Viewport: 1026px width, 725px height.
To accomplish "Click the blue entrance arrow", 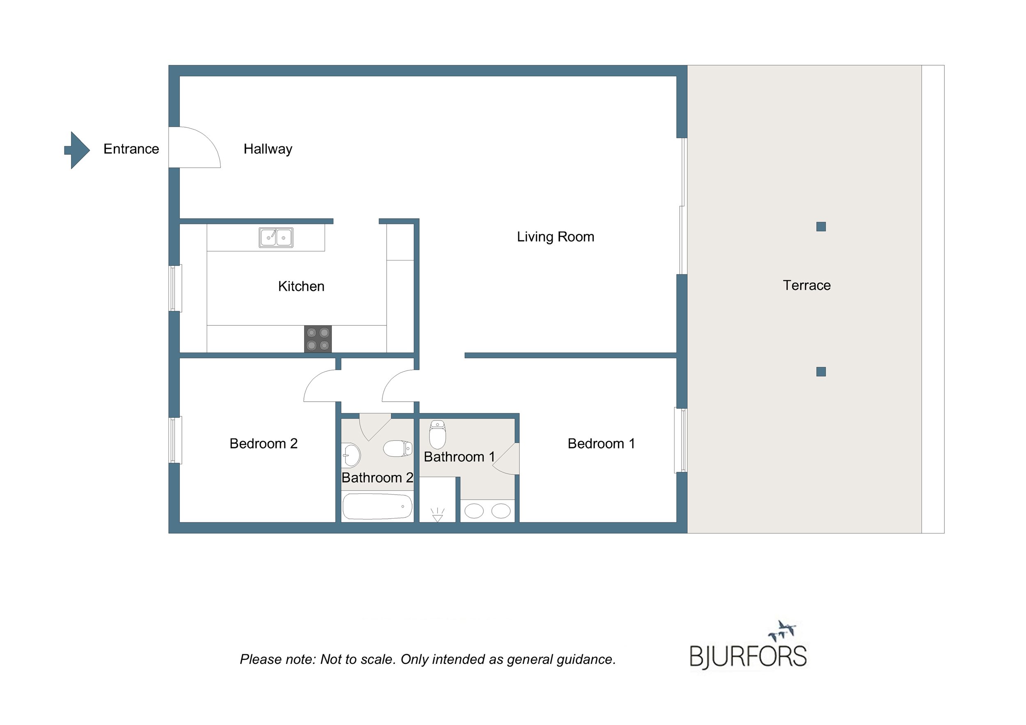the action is pyautogui.click(x=77, y=150).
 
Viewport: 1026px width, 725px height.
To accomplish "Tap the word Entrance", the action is pyautogui.click(x=131, y=149).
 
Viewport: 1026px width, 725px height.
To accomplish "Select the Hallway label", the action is pyautogui.click(x=268, y=149).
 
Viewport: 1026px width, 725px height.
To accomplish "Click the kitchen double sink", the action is pyautogui.click(x=276, y=238).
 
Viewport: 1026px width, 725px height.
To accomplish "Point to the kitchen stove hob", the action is pyautogui.click(x=318, y=339).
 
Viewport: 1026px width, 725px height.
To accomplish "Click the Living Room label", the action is pyautogui.click(x=555, y=237).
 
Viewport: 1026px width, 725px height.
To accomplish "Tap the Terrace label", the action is pyautogui.click(x=807, y=286).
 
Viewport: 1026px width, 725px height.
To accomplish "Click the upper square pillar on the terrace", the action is pyautogui.click(x=821, y=226).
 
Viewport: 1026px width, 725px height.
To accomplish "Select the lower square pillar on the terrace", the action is pyautogui.click(x=821, y=372).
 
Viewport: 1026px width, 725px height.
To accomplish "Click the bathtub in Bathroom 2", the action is pyautogui.click(x=378, y=506).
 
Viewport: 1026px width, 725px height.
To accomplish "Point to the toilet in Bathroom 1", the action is pyautogui.click(x=438, y=435).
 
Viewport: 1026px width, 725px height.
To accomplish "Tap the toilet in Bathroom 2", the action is pyautogui.click(x=398, y=448).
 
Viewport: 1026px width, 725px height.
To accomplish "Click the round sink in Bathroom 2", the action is pyautogui.click(x=351, y=455).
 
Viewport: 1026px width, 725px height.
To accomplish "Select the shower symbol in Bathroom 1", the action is pyautogui.click(x=438, y=515).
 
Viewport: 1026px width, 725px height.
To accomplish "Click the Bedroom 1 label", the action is pyautogui.click(x=601, y=444).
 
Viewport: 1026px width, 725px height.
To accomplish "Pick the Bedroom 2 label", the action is pyautogui.click(x=263, y=444).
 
